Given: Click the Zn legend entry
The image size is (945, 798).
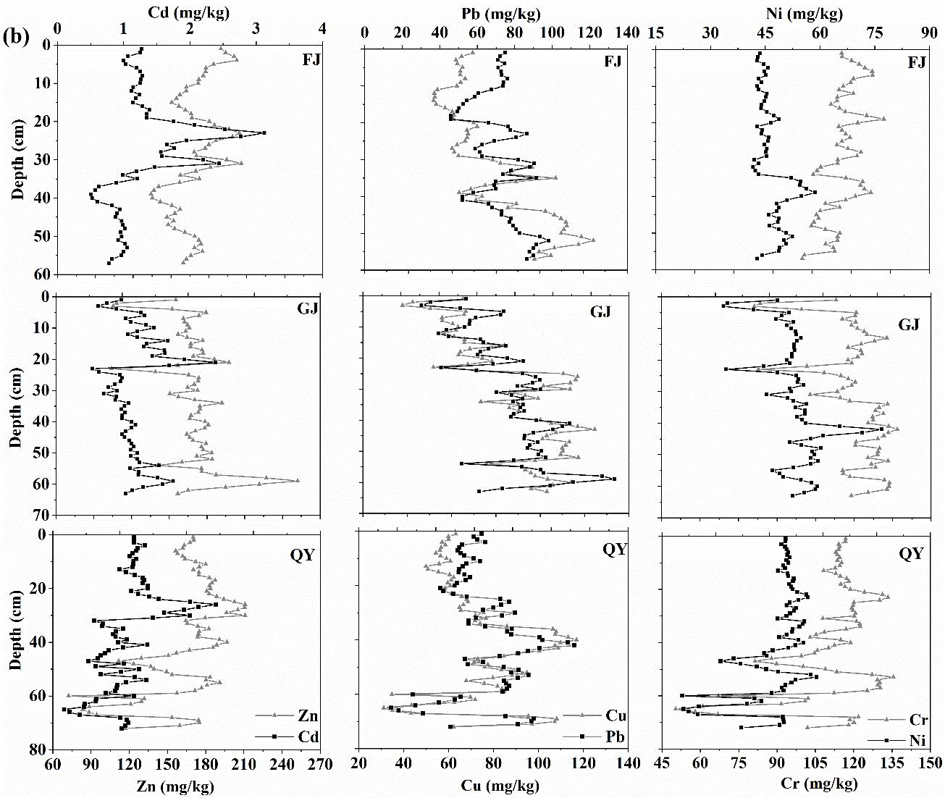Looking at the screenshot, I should pos(308,717).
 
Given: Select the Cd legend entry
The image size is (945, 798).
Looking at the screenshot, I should pos(308,737).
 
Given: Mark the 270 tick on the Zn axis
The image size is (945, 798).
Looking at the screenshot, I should pos(320,765).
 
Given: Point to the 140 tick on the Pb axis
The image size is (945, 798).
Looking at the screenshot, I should pos(628,33).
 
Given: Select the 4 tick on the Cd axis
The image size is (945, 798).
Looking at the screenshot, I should pos(323,28).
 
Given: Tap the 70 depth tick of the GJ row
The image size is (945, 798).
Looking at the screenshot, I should pos(41,515).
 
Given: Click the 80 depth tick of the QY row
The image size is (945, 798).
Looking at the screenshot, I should pos(41,749).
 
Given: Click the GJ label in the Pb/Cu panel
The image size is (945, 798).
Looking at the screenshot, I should pos(600,312).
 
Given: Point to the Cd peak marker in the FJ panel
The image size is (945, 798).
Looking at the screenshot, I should pos(264,133).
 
